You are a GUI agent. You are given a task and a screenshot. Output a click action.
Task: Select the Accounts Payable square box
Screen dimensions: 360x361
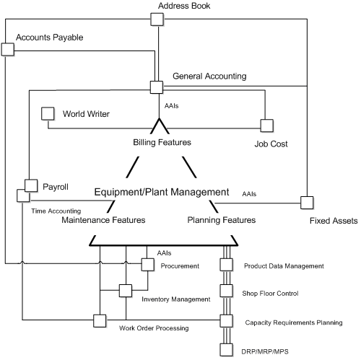tap(8, 49)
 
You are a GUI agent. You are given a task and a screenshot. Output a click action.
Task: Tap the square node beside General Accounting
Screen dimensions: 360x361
tap(156, 87)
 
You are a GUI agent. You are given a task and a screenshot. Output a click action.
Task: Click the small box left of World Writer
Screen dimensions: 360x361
tap(48, 113)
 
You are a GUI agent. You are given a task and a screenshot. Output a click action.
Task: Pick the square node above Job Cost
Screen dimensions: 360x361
tap(266, 125)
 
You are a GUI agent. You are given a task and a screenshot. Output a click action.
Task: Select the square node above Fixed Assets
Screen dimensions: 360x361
tap(307, 201)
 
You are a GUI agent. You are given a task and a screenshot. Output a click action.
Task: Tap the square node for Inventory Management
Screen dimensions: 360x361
tap(125, 291)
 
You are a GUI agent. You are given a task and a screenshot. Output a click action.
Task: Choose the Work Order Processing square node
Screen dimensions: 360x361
tap(99, 320)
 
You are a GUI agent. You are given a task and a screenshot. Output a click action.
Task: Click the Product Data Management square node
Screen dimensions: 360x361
tap(226, 265)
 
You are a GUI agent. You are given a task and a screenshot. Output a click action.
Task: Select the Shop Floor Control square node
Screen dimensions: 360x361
tap(226, 291)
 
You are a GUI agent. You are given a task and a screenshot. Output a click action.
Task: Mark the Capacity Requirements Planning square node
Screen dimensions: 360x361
tap(226, 320)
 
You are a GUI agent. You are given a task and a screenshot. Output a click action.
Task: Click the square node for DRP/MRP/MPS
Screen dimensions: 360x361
tap(226, 350)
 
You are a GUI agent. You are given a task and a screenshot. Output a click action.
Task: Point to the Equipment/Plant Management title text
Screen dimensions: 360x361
tap(162, 193)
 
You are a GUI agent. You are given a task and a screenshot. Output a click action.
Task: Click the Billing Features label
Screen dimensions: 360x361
tap(162, 143)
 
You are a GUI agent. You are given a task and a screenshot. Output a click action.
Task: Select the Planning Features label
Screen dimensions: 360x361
tap(221, 219)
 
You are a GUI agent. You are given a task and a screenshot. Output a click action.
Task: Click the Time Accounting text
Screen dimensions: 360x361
tap(56, 211)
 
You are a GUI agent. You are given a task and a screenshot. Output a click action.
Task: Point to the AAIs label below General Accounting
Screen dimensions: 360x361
tap(172, 105)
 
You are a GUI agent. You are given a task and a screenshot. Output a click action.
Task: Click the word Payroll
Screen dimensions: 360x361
tap(56, 187)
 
